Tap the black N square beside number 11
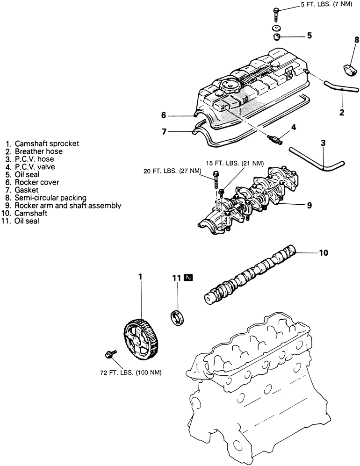[188, 278]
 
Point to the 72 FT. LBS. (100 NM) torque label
[131, 373]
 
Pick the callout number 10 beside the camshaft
[324, 252]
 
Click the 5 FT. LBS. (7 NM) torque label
[326, 5]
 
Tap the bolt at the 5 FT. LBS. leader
[276, 14]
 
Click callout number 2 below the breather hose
[342, 112]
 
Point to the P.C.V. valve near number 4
[275, 139]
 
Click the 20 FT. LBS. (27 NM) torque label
[173, 172]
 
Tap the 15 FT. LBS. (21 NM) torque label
[235, 163]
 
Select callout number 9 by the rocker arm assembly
[310, 205]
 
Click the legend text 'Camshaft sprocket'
[47, 143]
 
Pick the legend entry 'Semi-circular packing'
[50, 198]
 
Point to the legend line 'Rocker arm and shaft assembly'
[68, 205]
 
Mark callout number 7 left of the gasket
[164, 131]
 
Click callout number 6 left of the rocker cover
[164, 115]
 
